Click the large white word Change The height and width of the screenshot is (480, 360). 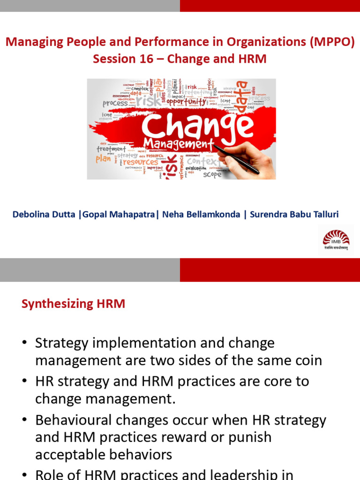click(x=197, y=125)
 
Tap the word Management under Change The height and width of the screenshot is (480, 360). click(x=179, y=144)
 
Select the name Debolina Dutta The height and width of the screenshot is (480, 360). click(x=44, y=214)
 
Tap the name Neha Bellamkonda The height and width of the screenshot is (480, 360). click(x=201, y=214)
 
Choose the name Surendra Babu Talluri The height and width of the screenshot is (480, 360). click(x=294, y=214)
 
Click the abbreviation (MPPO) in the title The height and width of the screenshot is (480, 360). click(x=332, y=42)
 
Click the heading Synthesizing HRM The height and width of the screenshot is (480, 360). click(x=73, y=304)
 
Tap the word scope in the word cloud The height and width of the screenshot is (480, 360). click(x=212, y=174)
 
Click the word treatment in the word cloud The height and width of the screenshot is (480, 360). click(x=111, y=149)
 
